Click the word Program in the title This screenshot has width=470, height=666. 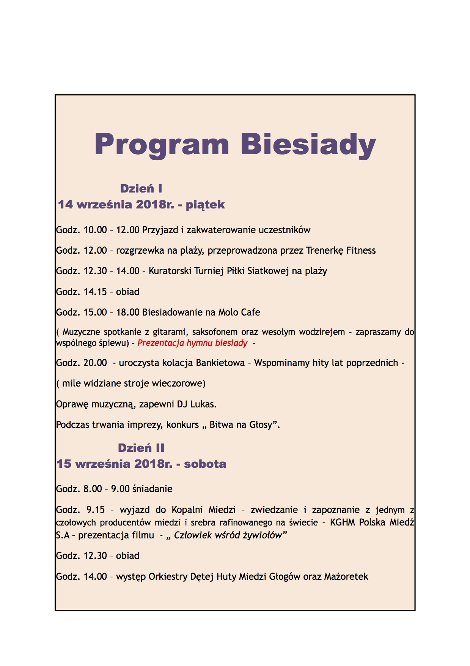coord(162,145)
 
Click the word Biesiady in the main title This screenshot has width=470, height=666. coord(308,145)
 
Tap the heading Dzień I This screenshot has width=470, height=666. coord(141,189)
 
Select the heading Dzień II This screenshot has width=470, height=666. coord(141,448)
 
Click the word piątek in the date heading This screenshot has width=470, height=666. coord(205,205)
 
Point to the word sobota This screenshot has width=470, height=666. coord(205,464)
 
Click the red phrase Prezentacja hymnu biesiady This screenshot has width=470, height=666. coord(192,343)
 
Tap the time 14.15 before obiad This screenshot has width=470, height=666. coord(95,292)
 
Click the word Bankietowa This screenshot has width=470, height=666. coord(220,363)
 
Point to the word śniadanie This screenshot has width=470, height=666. coord(152,489)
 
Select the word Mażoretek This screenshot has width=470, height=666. coord(346,577)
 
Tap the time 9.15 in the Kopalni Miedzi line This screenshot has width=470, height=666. coord(95,510)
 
